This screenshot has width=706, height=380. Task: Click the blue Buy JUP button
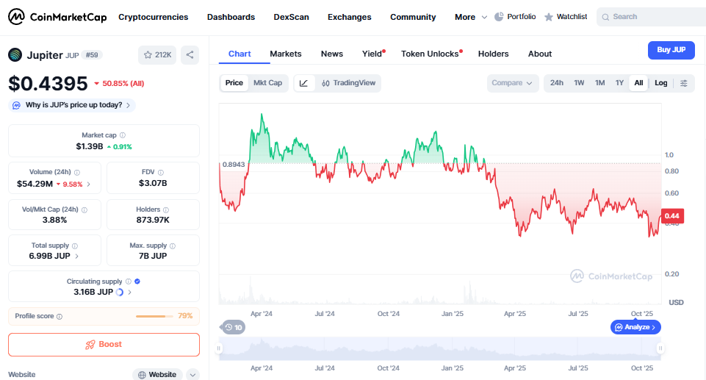point(671,50)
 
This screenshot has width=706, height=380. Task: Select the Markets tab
point(286,54)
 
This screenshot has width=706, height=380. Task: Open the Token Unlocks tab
point(430,54)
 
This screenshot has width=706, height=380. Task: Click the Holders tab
point(493,54)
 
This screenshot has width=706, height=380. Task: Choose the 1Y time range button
point(619,83)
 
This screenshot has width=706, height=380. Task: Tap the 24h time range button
point(557,83)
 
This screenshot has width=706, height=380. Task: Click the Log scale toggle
point(661,83)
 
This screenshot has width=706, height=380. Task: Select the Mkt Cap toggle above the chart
point(267,83)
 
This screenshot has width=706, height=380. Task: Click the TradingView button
point(349,83)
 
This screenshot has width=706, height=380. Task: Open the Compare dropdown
point(512,83)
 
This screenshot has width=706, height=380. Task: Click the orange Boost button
point(104,344)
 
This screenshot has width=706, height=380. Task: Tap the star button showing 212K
point(158,54)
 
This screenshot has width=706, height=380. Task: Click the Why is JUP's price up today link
point(73,105)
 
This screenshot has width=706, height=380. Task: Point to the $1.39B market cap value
point(89,147)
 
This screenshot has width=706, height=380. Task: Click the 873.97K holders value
point(153,220)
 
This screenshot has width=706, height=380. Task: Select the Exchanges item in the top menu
point(349,17)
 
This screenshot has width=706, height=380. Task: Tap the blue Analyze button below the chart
point(635,327)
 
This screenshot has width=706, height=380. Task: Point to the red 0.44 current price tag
point(672,215)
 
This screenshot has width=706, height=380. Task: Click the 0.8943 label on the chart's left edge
point(233,164)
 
